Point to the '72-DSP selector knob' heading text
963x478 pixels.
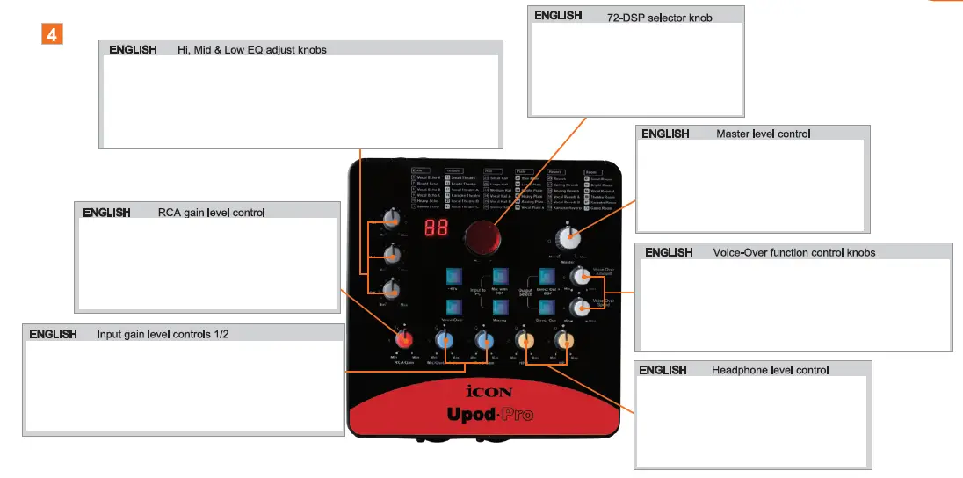pyautogui.click(x=659, y=18)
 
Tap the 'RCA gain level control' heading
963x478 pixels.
pyautogui.click(x=211, y=213)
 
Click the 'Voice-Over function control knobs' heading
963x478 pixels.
pyautogui.click(x=794, y=253)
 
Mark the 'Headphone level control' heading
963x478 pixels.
pyautogui.click(x=770, y=371)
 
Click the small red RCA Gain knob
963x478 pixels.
pyautogui.click(x=403, y=340)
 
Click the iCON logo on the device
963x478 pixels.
pyautogui.click(x=488, y=393)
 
